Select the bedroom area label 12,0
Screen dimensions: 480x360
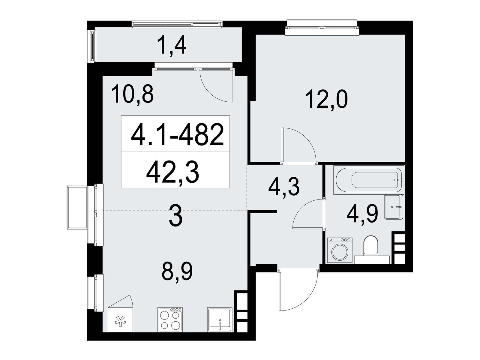(327, 100)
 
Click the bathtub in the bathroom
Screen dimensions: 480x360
(368, 180)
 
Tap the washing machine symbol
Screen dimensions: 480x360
(340, 250)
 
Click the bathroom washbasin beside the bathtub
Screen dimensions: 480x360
(394, 207)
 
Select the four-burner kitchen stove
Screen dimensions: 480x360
(170, 320)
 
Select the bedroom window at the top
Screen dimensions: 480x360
(322, 27)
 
